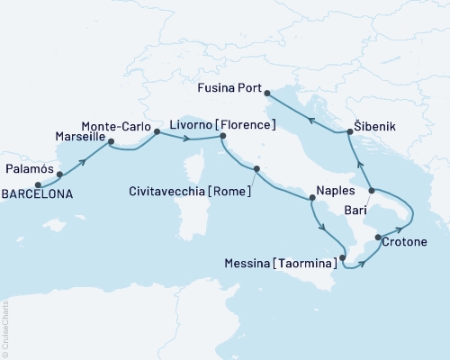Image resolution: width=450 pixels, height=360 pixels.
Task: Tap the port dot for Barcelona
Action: (38, 184)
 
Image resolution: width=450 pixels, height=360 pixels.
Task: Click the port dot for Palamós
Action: (59, 173)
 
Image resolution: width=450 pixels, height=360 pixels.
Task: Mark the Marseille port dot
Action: (111, 141)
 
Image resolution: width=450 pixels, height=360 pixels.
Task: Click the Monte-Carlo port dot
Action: (157, 131)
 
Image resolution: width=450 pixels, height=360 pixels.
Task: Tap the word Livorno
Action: (189, 123)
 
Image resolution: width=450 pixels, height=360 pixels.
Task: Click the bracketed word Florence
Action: (243, 123)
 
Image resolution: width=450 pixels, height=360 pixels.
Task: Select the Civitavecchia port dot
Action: (256, 168)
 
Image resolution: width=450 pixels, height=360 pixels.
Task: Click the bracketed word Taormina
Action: (308, 263)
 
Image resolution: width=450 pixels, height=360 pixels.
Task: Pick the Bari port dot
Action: (370, 190)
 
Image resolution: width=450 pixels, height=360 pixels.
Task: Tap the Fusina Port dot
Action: (268, 90)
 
